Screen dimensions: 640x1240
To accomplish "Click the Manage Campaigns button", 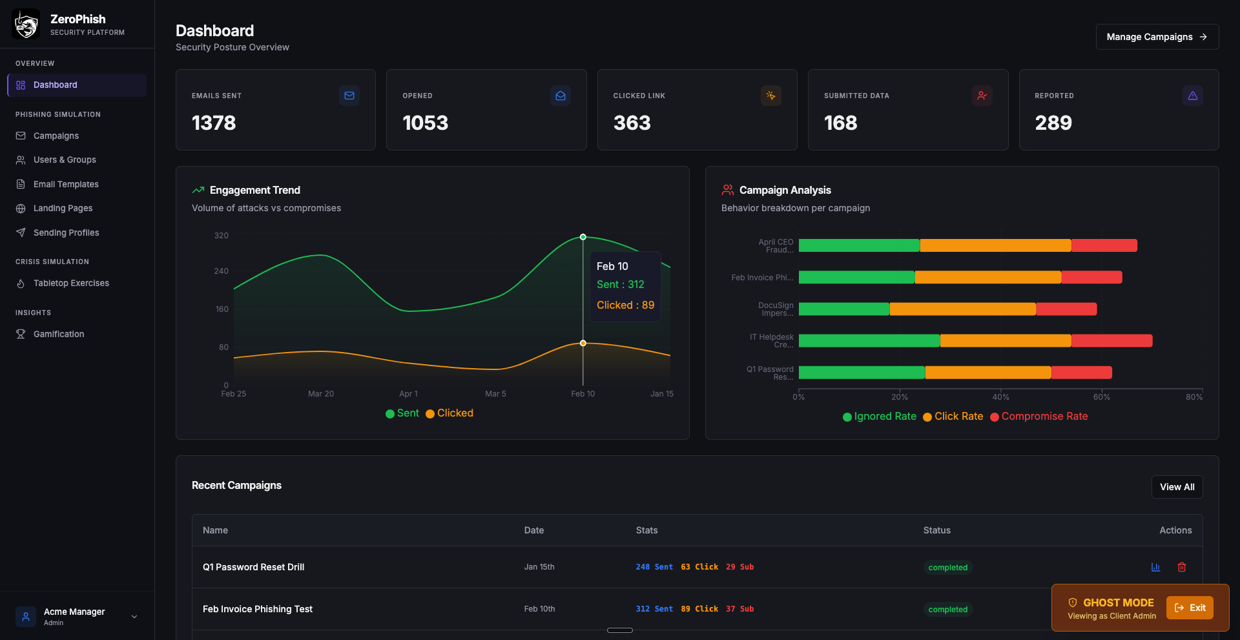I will (1157, 37).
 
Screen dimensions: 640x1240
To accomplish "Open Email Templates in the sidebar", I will (66, 184).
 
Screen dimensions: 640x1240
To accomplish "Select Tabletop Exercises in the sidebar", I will (71, 283).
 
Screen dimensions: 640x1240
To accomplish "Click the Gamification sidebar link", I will (59, 334).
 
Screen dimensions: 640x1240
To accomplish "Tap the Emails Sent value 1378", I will (214, 123).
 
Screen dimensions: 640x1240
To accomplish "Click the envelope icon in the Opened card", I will (560, 96).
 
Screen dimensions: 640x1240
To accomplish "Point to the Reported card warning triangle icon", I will (1192, 96).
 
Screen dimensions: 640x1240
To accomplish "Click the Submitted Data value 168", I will (840, 123).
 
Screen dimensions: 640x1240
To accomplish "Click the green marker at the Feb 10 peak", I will (583, 237).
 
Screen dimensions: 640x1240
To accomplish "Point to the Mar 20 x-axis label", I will (321, 394).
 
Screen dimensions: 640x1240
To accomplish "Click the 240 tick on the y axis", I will (222, 271).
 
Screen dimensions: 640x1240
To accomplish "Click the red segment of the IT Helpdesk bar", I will (1111, 340).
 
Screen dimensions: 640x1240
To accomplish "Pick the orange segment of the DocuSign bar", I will (962, 309).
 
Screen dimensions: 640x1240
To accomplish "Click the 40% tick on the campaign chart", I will (1000, 397).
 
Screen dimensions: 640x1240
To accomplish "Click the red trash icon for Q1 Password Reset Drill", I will (1181, 567).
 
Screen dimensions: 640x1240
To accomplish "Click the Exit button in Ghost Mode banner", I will (1190, 608).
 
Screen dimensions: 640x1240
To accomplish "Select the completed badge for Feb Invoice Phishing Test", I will (947, 610).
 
